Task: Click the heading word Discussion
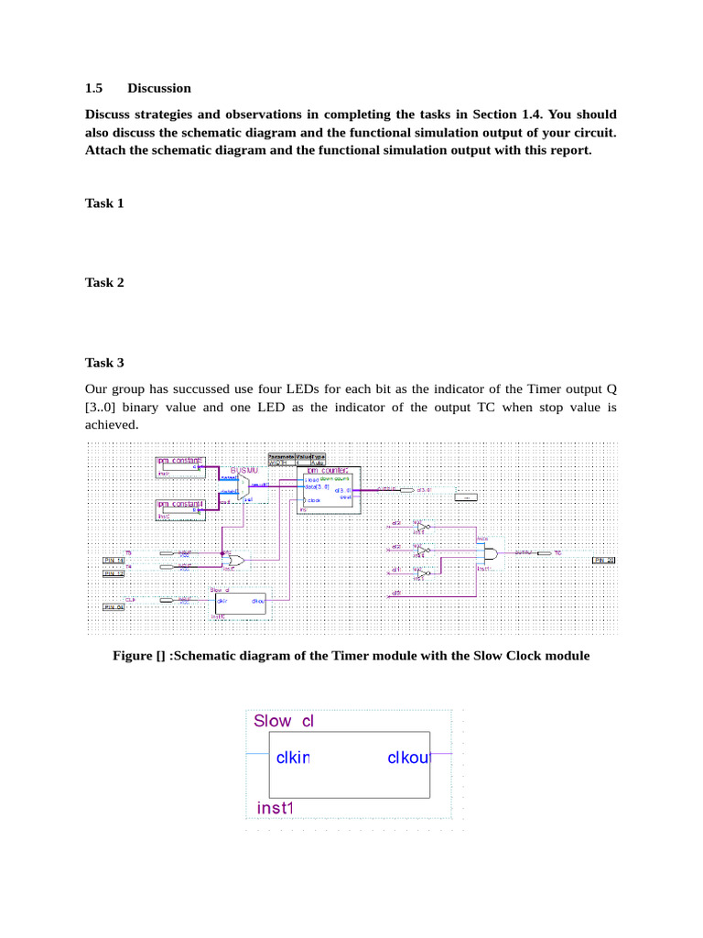click(x=159, y=88)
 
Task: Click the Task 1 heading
click(x=104, y=202)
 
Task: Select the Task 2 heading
click(x=104, y=282)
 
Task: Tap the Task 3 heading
click(x=104, y=362)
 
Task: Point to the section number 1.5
click(x=94, y=88)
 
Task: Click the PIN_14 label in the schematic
click(x=114, y=559)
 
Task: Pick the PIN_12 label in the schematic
click(x=114, y=573)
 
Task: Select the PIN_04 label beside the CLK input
click(x=114, y=606)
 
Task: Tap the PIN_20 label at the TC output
click(x=605, y=559)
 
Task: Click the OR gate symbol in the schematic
click(x=236, y=559)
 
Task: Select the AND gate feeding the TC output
click(x=491, y=554)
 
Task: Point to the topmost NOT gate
click(x=422, y=527)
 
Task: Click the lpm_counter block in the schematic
click(x=329, y=490)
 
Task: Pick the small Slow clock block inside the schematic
click(x=241, y=602)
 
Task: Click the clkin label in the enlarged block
click(x=294, y=758)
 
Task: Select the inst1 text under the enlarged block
click(x=274, y=808)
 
